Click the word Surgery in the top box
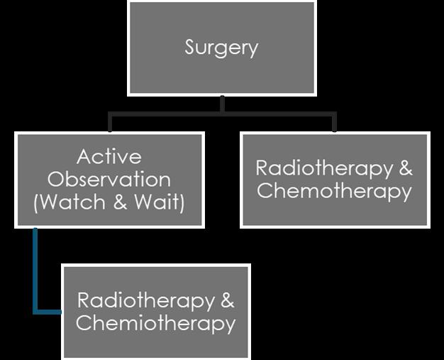(x=221, y=48)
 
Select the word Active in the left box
(x=109, y=156)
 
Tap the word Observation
(x=109, y=179)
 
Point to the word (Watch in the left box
(x=67, y=202)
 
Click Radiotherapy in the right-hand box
(x=323, y=168)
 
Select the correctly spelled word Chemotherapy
(x=334, y=191)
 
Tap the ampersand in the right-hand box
(x=405, y=168)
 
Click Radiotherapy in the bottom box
(x=145, y=300)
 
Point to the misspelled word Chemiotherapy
(x=155, y=323)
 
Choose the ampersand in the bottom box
(x=227, y=300)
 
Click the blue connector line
(x=35, y=277)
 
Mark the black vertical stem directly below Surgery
(x=222, y=104)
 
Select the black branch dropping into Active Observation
(x=109, y=123)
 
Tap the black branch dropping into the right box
(x=334, y=123)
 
